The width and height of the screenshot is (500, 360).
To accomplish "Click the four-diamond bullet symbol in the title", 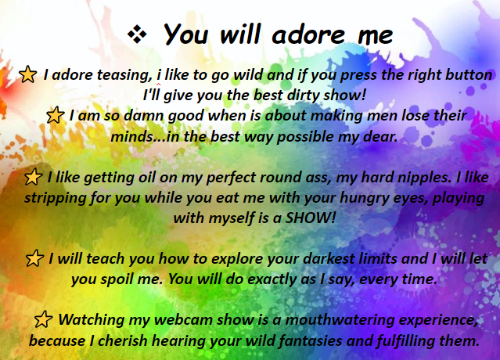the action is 137,34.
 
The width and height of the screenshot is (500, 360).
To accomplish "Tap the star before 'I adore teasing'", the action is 27,74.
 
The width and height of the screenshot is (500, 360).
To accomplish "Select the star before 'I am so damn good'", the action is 56,115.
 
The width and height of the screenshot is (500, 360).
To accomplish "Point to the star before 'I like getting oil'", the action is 33,177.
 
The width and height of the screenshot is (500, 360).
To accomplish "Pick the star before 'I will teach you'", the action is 34,258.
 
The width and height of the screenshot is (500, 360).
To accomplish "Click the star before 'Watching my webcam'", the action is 43,319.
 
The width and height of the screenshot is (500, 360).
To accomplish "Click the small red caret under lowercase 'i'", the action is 159,85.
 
